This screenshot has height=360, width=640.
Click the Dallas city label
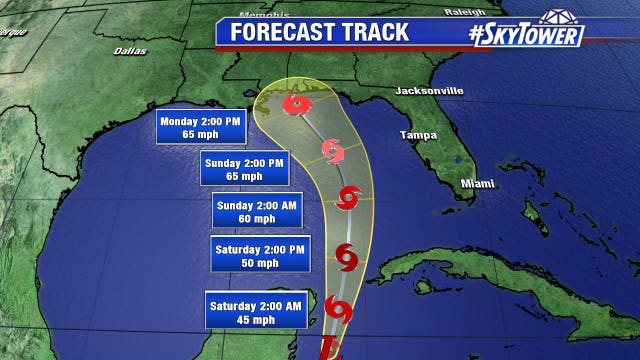[129, 49]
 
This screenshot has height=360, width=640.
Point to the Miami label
[478, 183]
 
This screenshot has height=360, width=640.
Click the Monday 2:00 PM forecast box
[200, 130]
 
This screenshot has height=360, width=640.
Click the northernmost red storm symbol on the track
[296, 104]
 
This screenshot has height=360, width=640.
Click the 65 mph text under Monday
[200, 137]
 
